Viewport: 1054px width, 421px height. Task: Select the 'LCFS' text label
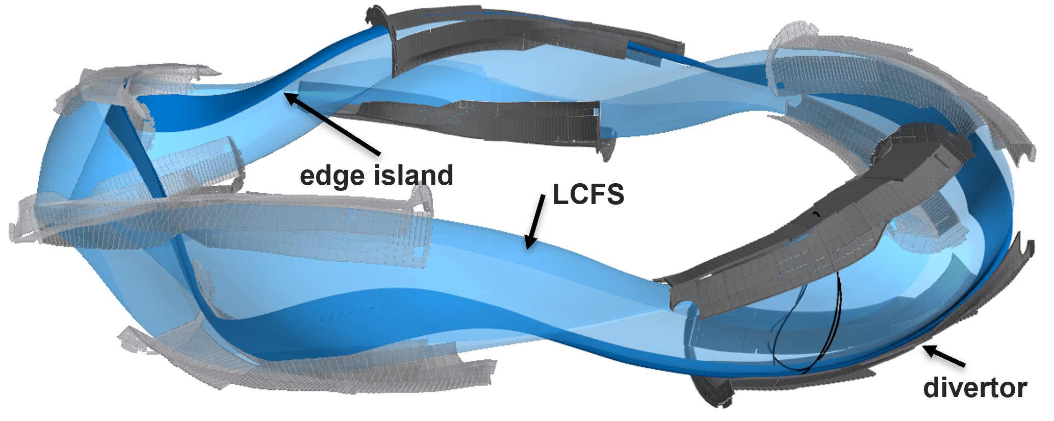588,194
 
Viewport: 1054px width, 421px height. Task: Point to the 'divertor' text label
975,388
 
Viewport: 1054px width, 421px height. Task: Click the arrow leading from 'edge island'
332,123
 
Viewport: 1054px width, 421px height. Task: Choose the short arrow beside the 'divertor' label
943,356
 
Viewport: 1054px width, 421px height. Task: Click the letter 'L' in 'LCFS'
559,194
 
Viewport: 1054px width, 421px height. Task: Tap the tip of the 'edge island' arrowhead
285,92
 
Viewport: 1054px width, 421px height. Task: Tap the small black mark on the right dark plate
816,214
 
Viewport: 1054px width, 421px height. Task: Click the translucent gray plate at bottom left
306,357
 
